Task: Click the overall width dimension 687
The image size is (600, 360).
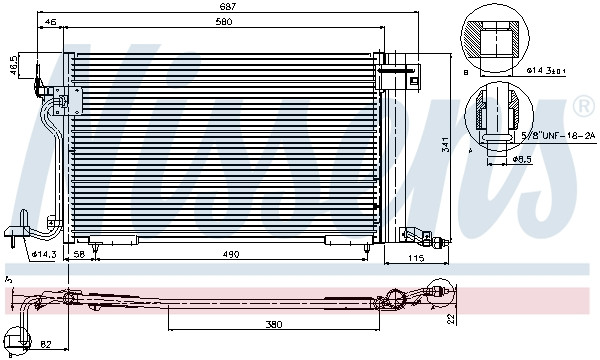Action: tap(231, 6)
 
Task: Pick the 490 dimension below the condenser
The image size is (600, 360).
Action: tap(232, 255)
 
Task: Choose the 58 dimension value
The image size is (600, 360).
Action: tap(80, 255)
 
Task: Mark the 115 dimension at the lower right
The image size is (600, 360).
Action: tap(415, 260)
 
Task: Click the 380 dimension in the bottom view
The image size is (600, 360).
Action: tap(274, 323)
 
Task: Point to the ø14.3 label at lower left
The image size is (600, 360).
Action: tap(43, 254)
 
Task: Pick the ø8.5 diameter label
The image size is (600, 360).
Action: tap(522, 159)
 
